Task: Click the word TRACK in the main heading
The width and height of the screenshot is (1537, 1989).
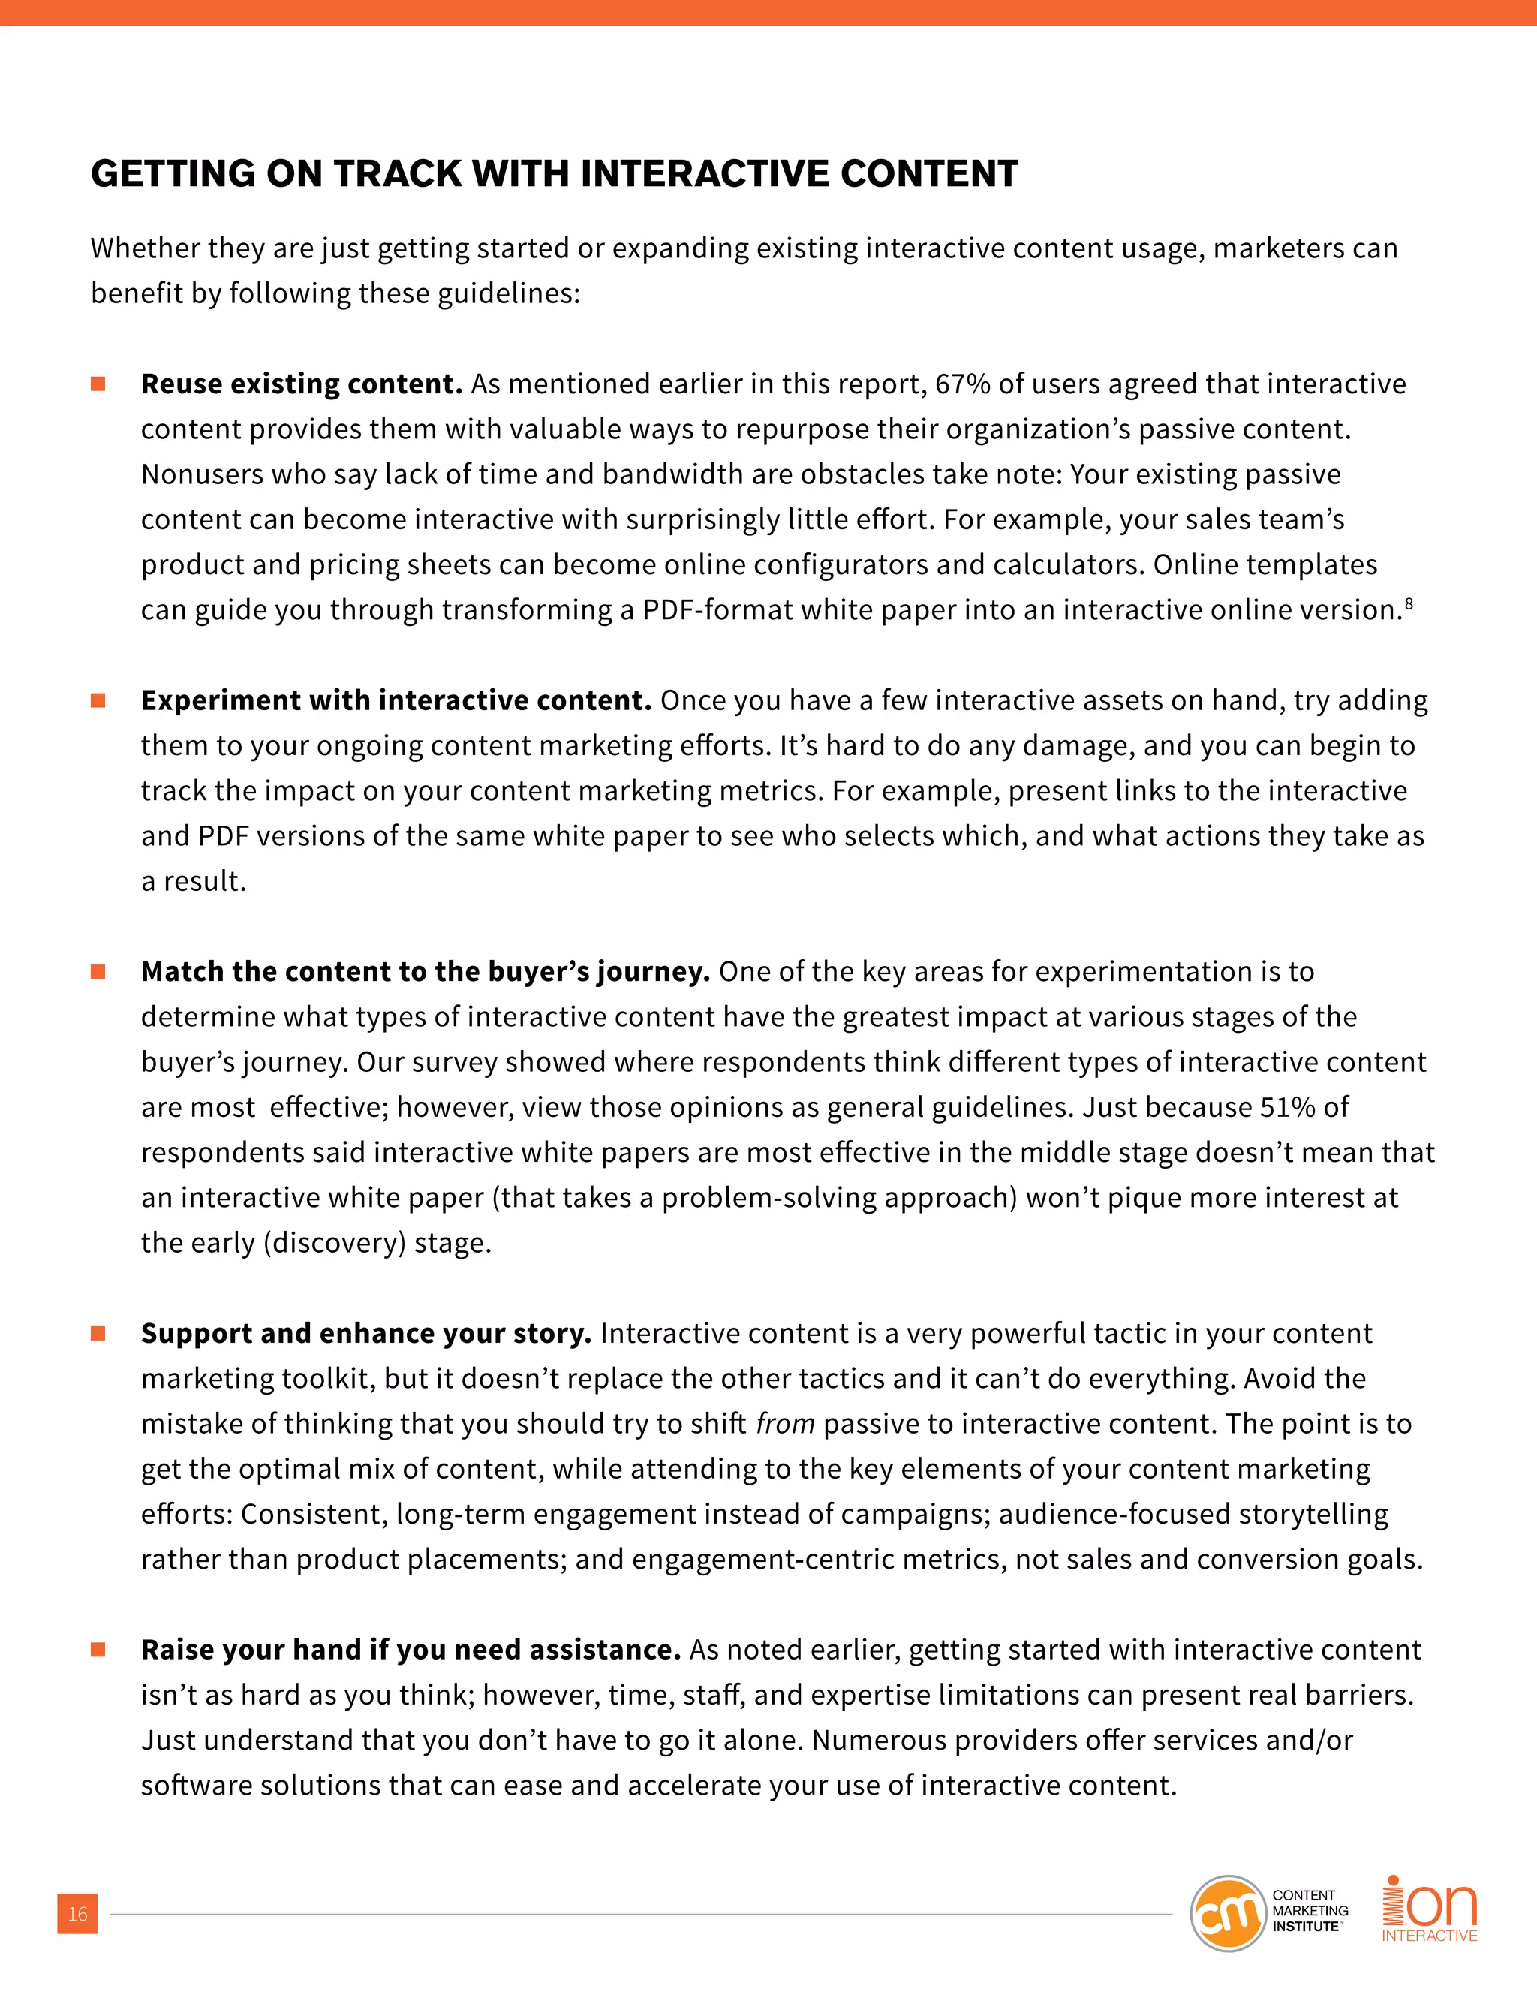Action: click(x=398, y=174)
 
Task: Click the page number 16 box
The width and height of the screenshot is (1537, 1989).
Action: click(x=77, y=1913)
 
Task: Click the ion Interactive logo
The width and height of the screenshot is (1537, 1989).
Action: click(x=1430, y=1909)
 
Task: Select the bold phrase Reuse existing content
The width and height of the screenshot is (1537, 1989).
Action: click(x=302, y=384)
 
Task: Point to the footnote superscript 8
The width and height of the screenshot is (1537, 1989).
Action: click(x=1409, y=603)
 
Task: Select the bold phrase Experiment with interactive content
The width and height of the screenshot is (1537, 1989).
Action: click(x=396, y=700)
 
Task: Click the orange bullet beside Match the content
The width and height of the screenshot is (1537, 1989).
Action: click(x=98, y=972)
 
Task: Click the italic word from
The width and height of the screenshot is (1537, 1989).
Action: click(x=785, y=1423)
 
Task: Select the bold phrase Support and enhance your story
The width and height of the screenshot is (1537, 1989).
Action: click(x=366, y=1333)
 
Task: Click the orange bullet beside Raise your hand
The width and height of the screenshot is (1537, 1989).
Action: click(x=98, y=1649)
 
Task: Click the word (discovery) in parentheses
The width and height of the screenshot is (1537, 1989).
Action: click(x=334, y=1243)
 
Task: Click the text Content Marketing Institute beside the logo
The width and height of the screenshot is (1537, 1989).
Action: click(x=1310, y=1911)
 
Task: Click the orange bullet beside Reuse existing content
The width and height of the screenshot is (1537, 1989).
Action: click(x=98, y=384)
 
